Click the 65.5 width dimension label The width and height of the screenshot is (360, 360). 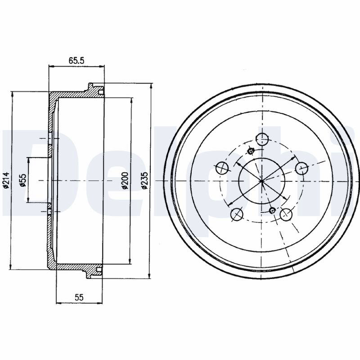tap(76, 61)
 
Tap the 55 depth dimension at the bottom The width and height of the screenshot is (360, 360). tap(79, 297)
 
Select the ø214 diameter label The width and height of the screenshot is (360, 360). tap(6, 180)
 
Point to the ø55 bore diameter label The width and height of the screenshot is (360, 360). tap(23, 180)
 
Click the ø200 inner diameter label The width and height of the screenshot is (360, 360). tap(125, 180)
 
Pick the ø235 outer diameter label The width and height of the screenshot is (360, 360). tap(144, 180)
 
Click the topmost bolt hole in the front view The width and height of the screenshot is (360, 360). tap(262, 139)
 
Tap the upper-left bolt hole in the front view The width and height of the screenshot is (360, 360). tap(222, 168)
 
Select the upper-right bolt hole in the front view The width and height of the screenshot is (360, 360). tap(301, 168)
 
